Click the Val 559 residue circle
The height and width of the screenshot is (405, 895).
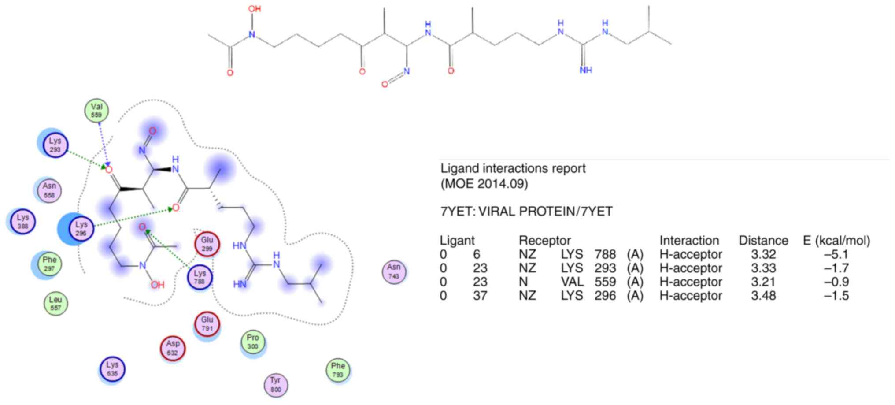[96, 110]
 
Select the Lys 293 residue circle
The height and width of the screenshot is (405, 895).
[55, 145]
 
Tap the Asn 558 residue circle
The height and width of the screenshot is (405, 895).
[49, 190]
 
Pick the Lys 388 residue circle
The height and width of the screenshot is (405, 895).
[23, 221]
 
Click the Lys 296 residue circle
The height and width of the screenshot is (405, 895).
[81, 228]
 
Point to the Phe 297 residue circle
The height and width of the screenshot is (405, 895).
[49, 264]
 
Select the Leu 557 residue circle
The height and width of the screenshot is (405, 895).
[55, 303]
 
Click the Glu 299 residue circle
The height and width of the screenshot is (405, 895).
[207, 244]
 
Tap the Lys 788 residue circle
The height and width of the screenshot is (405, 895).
[200, 277]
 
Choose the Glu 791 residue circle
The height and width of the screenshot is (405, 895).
[207, 324]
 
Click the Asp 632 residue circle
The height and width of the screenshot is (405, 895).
[173, 348]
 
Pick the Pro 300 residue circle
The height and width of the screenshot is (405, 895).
[253, 342]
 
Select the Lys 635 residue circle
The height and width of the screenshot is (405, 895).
[112, 369]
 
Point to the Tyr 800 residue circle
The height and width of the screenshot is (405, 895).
[276, 384]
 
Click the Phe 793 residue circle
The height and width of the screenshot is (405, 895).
[338, 370]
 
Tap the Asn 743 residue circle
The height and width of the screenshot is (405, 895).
[394, 271]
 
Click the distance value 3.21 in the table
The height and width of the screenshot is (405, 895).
[763, 282]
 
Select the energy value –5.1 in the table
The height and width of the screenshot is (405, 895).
[836, 254]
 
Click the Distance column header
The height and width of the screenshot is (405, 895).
[763, 241]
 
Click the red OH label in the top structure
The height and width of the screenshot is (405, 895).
[254, 8]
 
